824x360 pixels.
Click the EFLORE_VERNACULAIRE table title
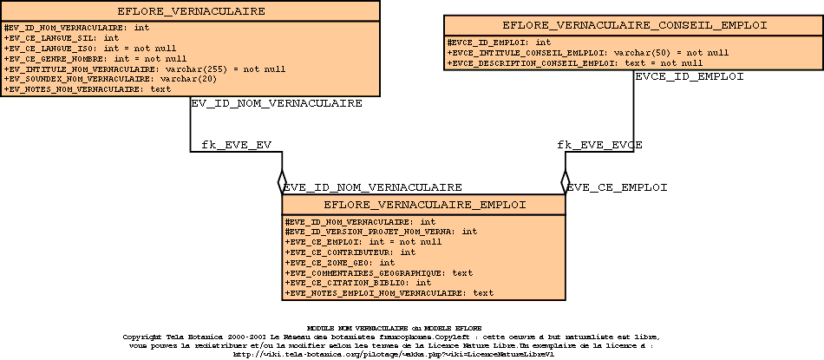(191, 11)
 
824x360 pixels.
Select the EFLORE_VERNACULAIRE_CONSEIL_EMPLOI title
(634, 25)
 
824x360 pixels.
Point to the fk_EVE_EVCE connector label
(599, 144)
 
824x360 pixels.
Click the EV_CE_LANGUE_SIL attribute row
(62, 38)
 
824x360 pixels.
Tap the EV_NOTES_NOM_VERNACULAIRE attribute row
(88, 88)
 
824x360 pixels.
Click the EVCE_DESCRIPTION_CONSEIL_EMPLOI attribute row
(575, 62)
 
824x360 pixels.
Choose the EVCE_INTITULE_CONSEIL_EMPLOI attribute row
(587, 52)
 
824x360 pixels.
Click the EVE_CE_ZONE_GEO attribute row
(340, 262)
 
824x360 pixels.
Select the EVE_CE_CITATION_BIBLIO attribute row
(358, 282)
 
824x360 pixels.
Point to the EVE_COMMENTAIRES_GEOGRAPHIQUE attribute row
(379, 272)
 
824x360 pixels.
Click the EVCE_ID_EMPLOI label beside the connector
(690, 76)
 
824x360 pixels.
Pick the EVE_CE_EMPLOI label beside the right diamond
(617, 187)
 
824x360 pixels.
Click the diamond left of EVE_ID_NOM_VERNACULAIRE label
(281, 182)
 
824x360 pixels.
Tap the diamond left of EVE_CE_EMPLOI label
(564, 182)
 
